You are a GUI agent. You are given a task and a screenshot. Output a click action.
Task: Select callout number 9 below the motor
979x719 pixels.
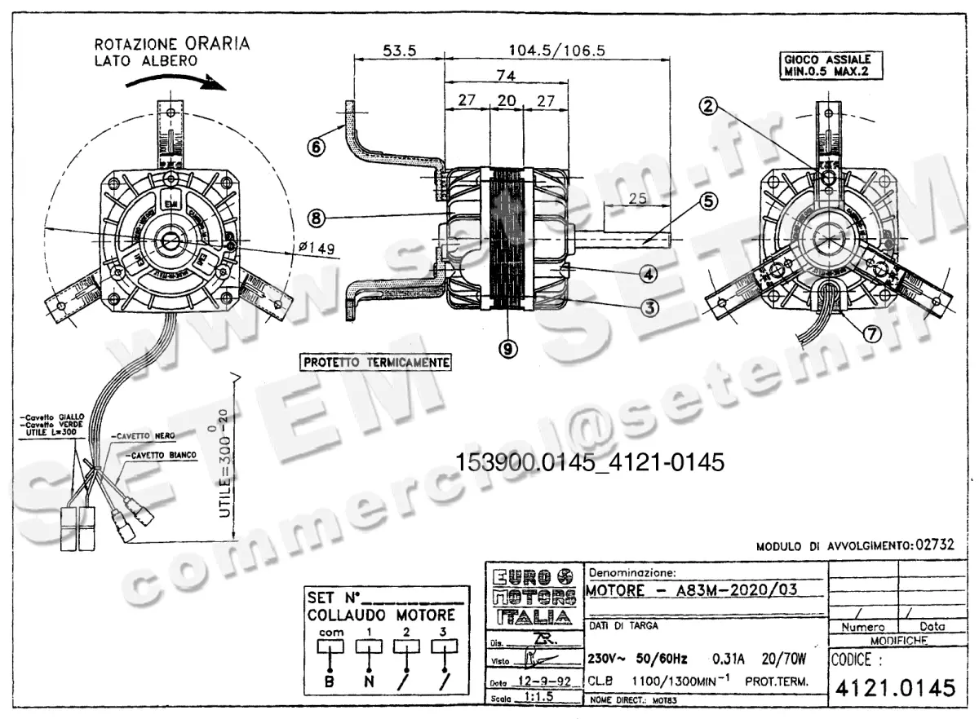pyautogui.click(x=507, y=348)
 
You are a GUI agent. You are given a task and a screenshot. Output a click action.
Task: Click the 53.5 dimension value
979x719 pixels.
pyautogui.click(x=399, y=51)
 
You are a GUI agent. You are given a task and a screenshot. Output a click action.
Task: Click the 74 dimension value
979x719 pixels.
pyautogui.click(x=507, y=73)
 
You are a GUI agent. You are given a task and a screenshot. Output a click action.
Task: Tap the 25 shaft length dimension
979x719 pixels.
pyautogui.click(x=637, y=198)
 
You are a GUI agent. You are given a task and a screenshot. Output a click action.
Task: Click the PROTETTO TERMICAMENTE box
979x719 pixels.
pyautogui.click(x=375, y=361)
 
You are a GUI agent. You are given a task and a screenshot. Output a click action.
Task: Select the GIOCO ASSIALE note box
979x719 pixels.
pyautogui.click(x=826, y=65)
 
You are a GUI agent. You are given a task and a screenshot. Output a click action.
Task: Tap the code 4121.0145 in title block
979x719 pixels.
pyautogui.click(x=893, y=688)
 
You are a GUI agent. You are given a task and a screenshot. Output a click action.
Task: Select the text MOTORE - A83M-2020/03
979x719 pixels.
pyautogui.click(x=691, y=589)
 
